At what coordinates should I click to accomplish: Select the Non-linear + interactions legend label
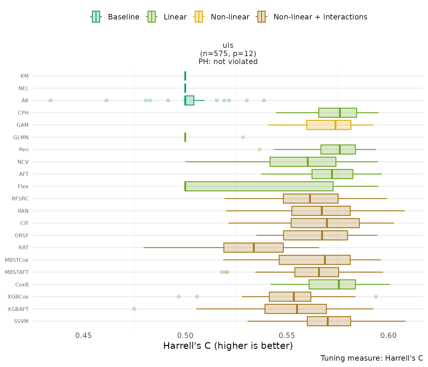click(320, 17)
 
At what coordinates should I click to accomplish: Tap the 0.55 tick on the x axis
click(287, 335)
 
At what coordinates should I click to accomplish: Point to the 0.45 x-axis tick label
click(83, 335)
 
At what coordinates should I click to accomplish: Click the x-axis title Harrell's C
click(228, 346)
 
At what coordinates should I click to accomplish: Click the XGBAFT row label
click(18, 309)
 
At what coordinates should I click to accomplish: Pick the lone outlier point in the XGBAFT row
click(134, 309)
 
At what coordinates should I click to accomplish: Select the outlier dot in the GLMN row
click(243, 137)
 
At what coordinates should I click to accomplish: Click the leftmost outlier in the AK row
click(50, 100)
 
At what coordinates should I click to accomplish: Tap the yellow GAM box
click(328, 125)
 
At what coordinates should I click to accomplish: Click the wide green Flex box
click(259, 186)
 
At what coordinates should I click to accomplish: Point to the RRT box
click(253, 248)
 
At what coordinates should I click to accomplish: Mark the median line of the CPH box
click(340, 113)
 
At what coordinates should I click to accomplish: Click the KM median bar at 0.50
click(185, 76)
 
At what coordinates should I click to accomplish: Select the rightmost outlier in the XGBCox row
click(376, 297)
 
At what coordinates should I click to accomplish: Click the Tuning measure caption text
click(372, 358)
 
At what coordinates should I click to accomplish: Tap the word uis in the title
click(228, 45)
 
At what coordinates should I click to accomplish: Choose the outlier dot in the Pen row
click(259, 149)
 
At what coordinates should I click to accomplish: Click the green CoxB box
click(332, 284)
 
